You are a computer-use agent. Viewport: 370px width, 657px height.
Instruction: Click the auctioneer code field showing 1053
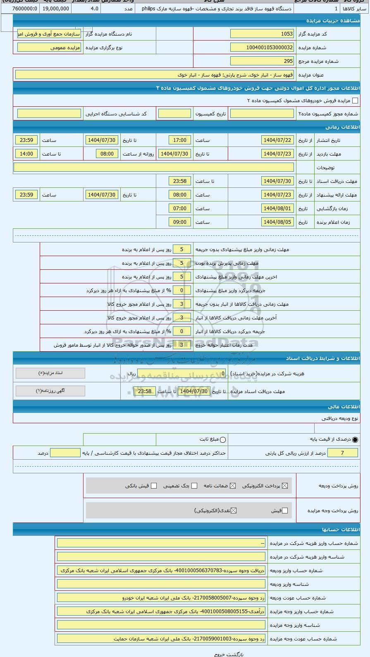click(x=262, y=34)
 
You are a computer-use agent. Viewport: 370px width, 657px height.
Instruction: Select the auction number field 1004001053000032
click(x=262, y=48)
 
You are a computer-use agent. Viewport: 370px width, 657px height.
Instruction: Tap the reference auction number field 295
click(x=262, y=61)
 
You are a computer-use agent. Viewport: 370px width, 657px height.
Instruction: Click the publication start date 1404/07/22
click(x=277, y=140)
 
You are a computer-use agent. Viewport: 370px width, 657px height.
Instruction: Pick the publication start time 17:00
click(x=180, y=140)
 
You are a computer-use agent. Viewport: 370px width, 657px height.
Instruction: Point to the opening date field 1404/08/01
click(x=277, y=209)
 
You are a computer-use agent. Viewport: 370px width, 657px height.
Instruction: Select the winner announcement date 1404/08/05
click(x=277, y=222)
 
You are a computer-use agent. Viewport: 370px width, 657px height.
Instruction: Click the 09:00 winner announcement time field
click(x=180, y=222)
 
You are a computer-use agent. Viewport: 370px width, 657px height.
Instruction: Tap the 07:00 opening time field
click(x=180, y=209)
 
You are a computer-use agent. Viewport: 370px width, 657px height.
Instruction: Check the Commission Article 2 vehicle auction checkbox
click(x=355, y=101)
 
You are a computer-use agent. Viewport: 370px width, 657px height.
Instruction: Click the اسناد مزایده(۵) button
click(x=50, y=373)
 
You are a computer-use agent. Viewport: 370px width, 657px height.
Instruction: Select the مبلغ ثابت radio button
click(x=223, y=440)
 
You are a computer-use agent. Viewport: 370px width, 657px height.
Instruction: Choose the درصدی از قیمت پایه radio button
click(x=355, y=440)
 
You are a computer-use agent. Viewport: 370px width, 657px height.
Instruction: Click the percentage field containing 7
click(x=342, y=453)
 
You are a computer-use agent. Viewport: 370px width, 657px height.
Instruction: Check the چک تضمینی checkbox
click(x=194, y=486)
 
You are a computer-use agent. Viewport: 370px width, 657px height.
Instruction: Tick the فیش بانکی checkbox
click(x=154, y=486)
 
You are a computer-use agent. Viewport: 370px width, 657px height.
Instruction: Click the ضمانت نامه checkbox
click(x=233, y=486)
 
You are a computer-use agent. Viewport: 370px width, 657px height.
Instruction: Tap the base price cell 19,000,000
click(x=55, y=8)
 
